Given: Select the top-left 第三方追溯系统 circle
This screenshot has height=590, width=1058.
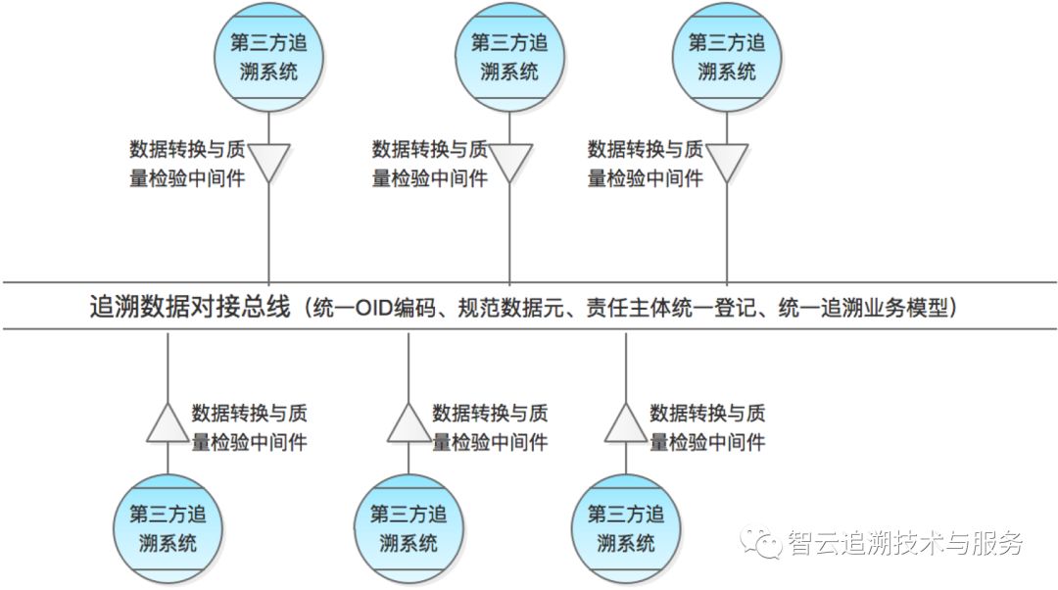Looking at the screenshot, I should [x=268, y=58].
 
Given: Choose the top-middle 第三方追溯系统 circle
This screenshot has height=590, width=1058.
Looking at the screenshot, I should [x=509, y=58].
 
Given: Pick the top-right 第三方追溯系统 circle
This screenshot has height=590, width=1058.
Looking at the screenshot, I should [x=726, y=58].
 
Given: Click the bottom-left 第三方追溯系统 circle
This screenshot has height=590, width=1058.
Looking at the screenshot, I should [x=168, y=528].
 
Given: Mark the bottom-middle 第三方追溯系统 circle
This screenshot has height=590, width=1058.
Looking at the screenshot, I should [x=409, y=528].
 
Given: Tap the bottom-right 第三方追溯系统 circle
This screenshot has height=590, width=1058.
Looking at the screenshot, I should [x=626, y=528].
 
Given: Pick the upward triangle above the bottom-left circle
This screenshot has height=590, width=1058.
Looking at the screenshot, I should [x=168, y=425].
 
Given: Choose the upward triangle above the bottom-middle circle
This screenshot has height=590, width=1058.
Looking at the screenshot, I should [x=409, y=425].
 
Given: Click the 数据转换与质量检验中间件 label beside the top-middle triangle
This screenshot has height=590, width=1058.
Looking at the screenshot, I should [x=429, y=164].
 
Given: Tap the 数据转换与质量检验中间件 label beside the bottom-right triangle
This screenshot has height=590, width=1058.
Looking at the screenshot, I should [x=707, y=427].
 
